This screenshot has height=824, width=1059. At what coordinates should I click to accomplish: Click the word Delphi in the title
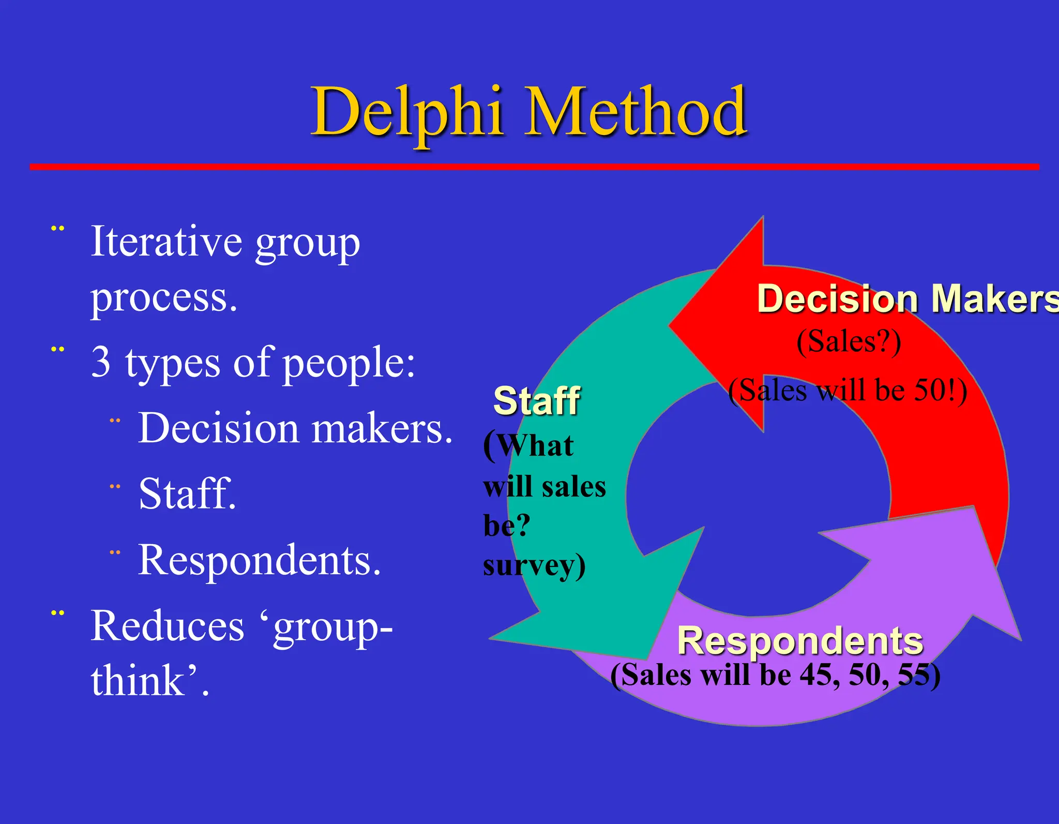(407, 113)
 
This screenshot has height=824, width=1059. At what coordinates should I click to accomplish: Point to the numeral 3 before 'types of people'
(101, 362)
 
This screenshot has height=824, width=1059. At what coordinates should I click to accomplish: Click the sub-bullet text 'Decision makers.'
(295, 428)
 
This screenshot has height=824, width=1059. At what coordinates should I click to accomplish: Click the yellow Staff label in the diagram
(537, 401)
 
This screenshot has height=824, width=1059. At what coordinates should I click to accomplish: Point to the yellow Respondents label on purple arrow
(800, 640)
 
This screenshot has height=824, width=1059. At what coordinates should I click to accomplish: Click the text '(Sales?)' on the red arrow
(849, 342)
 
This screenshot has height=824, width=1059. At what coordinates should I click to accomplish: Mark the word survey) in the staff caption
(534, 565)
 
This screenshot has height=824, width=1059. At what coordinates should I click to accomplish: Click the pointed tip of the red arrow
(670, 326)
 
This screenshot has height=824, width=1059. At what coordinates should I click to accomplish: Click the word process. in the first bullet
(164, 298)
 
